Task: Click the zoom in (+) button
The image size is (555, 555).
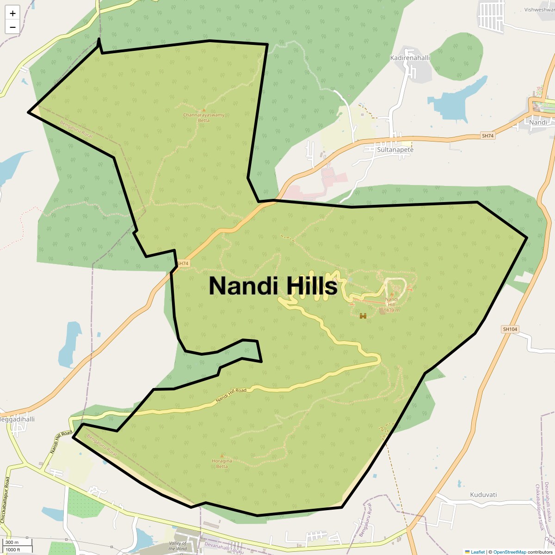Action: click(12, 13)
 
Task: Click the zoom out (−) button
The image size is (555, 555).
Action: click(12, 27)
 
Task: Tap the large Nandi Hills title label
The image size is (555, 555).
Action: click(273, 286)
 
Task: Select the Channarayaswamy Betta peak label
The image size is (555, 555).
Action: click(203, 117)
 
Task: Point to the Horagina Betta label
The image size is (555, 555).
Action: click(222, 463)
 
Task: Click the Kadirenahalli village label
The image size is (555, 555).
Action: click(410, 58)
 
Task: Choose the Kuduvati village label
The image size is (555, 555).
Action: click(483, 494)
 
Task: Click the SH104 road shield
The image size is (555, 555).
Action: click(510, 329)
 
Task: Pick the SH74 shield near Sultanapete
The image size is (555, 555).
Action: click(488, 136)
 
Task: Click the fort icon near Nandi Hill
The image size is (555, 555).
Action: click(363, 316)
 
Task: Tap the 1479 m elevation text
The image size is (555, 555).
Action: click(391, 310)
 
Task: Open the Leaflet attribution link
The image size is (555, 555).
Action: click(477, 552)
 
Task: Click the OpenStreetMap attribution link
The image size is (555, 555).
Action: click(509, 552)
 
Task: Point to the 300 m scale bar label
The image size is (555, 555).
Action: click(12, 543)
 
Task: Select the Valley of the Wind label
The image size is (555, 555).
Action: click(178, 546)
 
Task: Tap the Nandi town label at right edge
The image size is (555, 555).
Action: click(538, 122)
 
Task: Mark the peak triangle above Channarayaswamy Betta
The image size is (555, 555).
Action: click(203, 110)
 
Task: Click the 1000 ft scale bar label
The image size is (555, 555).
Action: click(13, 549)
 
